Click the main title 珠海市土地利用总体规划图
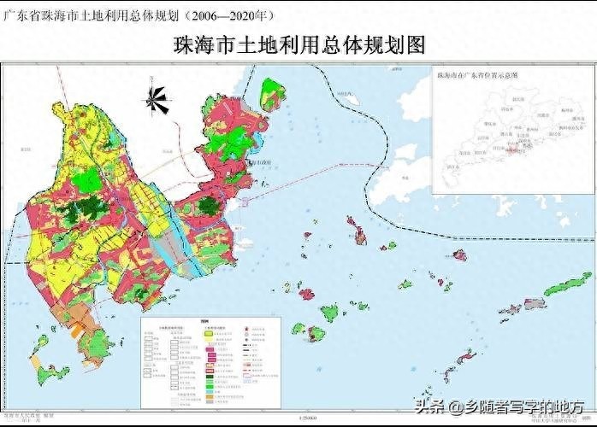[298, 44]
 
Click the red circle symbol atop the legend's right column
[246, 328]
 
